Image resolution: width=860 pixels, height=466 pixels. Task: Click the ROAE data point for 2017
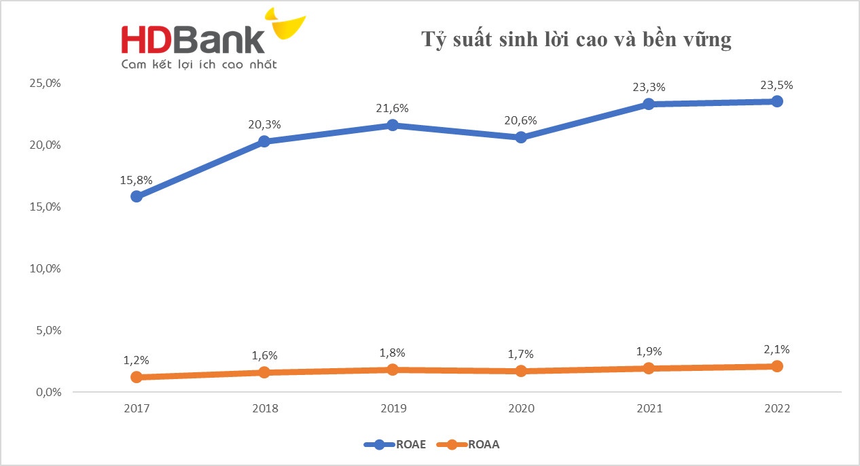(x=137, y=196)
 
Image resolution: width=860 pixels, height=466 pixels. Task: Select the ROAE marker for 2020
(x=521, y=137)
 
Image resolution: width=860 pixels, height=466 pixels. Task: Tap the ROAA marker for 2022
(x=777, y=366)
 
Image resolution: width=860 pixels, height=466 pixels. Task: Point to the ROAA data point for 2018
(x=264, y=372)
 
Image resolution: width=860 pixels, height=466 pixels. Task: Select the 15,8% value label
(x=137, y=181)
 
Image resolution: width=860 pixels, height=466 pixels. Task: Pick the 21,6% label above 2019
(x=393, y=109)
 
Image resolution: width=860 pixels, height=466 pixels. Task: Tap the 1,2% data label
(x=137, y=360)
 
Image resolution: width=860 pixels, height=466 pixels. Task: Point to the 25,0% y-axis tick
(x=46, y=83)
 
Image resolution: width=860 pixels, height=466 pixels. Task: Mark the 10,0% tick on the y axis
(x=46, y=268)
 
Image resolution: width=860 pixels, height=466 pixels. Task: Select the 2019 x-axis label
(x=393, y=409)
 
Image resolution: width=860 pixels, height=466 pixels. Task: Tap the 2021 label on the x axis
(x=649, y=409)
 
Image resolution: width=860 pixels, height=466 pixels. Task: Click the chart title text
(x=576, y=39)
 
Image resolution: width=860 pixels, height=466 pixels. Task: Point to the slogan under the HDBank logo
(x=198, y=65)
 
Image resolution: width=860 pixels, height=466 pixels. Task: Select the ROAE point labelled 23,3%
(x=649, y=104)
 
